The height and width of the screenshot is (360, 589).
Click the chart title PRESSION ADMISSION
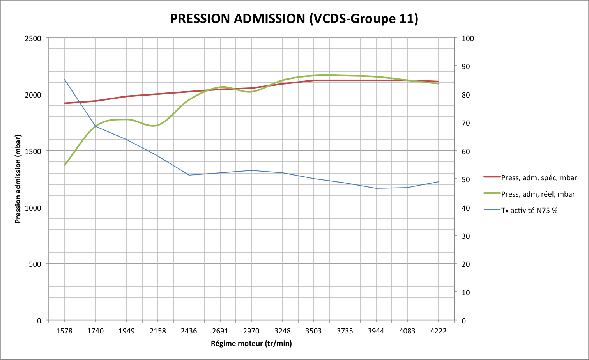[x=294, y=18]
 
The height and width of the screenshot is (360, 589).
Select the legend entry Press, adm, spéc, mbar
[x=539, y=178]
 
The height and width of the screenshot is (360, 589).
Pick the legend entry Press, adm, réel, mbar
[x=538, y=194]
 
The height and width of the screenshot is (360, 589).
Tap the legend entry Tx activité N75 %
[x=529, y=211]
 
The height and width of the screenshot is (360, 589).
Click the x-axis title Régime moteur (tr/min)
[x=251, y=344]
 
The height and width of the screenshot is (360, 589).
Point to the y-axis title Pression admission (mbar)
[x=18, y=179]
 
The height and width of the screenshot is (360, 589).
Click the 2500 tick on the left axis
[x=33, y=38]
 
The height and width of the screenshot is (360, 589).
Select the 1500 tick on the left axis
[x=33, y=151]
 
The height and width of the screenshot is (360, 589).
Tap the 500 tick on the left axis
[x=35, y=264]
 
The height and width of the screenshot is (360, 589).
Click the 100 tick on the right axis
[x=468, y=38]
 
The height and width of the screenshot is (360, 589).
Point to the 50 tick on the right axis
[x=466, y=179]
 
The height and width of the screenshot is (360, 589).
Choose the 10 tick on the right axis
[x=466, y=293]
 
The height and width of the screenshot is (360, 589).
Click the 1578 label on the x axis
[x=64, y=331]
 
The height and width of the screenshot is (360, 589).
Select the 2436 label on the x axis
[x=189, y=331]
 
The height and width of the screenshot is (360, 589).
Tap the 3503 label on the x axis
[x=313, y=331]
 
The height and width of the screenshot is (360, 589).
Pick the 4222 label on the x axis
[x=438, y=331]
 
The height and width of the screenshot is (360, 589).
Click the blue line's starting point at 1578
[x=64, y=79]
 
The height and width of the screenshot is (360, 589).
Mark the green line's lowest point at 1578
[x=64, y=165]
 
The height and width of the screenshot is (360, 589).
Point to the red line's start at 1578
[x=64, y=103]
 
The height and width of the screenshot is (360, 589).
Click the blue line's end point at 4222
[x=439, y=182]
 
